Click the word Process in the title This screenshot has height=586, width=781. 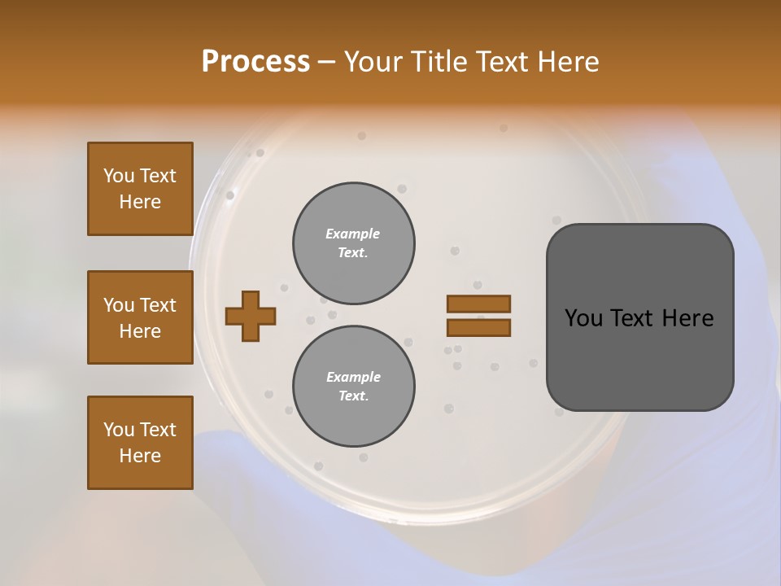[x=255, y=62]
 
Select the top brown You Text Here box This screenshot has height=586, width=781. [x=140, y=189]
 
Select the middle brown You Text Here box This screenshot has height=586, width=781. [x=140, y=317]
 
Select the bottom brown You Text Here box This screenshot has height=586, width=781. [x=140, y=443]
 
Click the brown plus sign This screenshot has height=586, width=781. [x=251, y=316]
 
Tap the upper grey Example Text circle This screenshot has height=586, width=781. [x=354, y=243]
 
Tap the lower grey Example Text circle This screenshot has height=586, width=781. [x=354, y=387]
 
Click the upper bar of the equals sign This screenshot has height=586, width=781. [x=478, y=304]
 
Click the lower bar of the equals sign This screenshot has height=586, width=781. [x=478, y=328]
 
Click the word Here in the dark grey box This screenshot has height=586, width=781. [x=687, y=318]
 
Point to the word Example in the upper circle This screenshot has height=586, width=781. [x=352, y=234]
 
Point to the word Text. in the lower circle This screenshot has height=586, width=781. [x=353, y=396]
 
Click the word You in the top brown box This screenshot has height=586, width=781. [x=118, y=176]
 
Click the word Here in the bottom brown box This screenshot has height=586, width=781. [x=140, y=456]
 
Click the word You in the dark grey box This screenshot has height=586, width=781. [x=583, y=318]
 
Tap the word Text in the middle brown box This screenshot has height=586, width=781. [x=158, y=305]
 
